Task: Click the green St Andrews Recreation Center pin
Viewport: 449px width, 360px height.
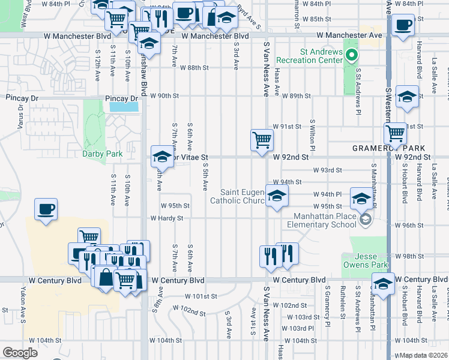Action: point(353,57)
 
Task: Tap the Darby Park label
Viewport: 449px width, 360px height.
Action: point(102,154)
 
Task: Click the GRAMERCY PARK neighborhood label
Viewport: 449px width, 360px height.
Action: point(389,148)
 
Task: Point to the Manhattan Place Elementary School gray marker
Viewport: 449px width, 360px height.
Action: point(365,220)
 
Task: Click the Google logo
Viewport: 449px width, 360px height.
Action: point(20,353)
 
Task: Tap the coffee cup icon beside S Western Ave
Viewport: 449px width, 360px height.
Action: point(403,25)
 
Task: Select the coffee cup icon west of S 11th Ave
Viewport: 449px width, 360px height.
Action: point(46,209)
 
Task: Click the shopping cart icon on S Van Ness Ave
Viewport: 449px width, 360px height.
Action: point(262,140)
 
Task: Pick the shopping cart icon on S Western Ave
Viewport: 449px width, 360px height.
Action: point(396,133)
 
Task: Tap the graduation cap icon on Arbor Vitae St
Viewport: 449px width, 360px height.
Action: point(161,157)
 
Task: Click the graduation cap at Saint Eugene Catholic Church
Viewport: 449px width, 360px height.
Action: point(276,196)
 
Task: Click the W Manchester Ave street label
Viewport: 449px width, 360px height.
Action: point(349,36)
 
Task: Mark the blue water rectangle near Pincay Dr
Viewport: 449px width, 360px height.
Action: point(124,107)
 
